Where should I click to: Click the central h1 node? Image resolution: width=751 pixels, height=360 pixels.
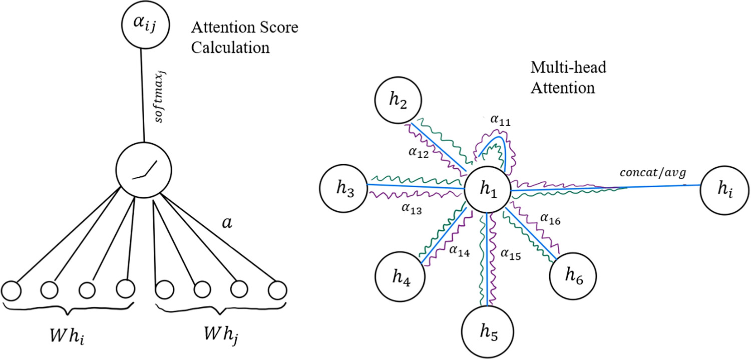tap(487, 190)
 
